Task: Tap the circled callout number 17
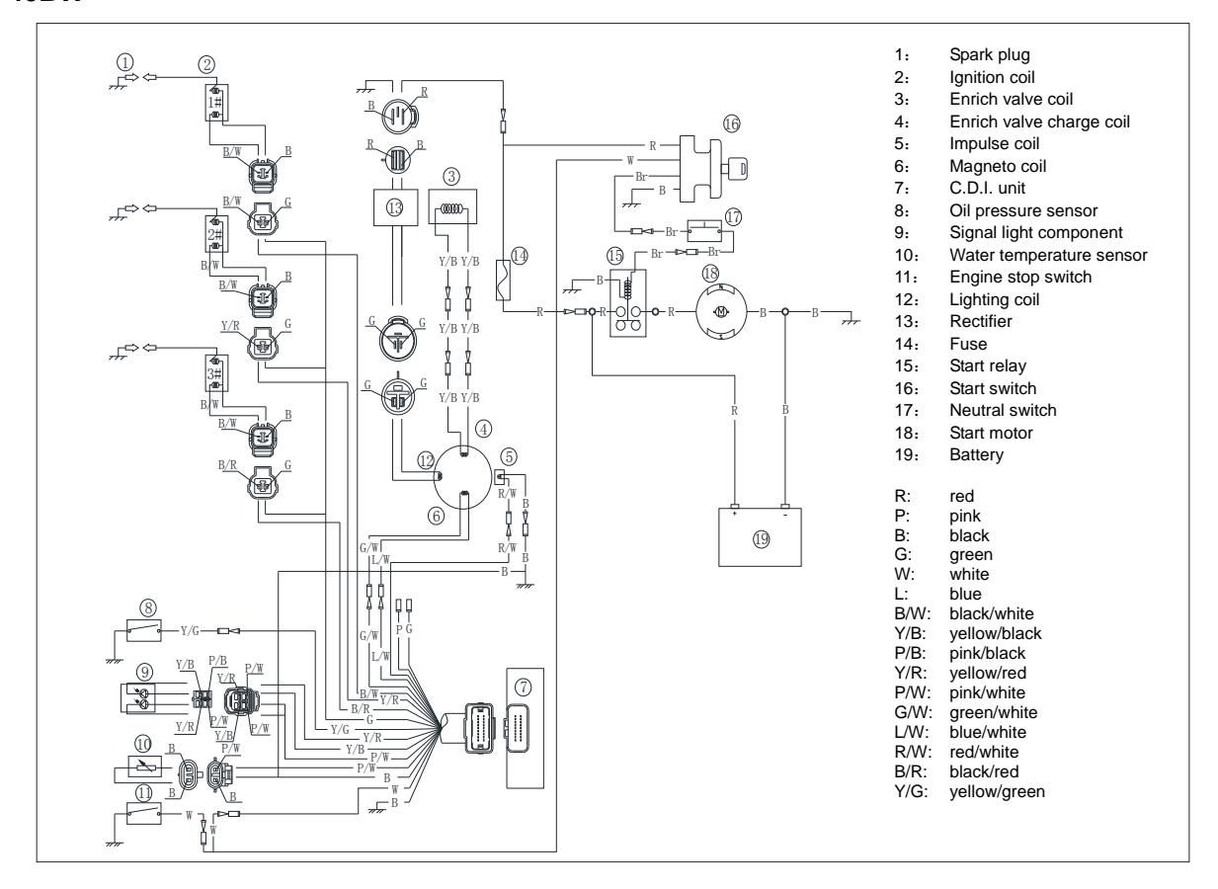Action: point(733,215)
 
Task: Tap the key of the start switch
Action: point(736,170)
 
